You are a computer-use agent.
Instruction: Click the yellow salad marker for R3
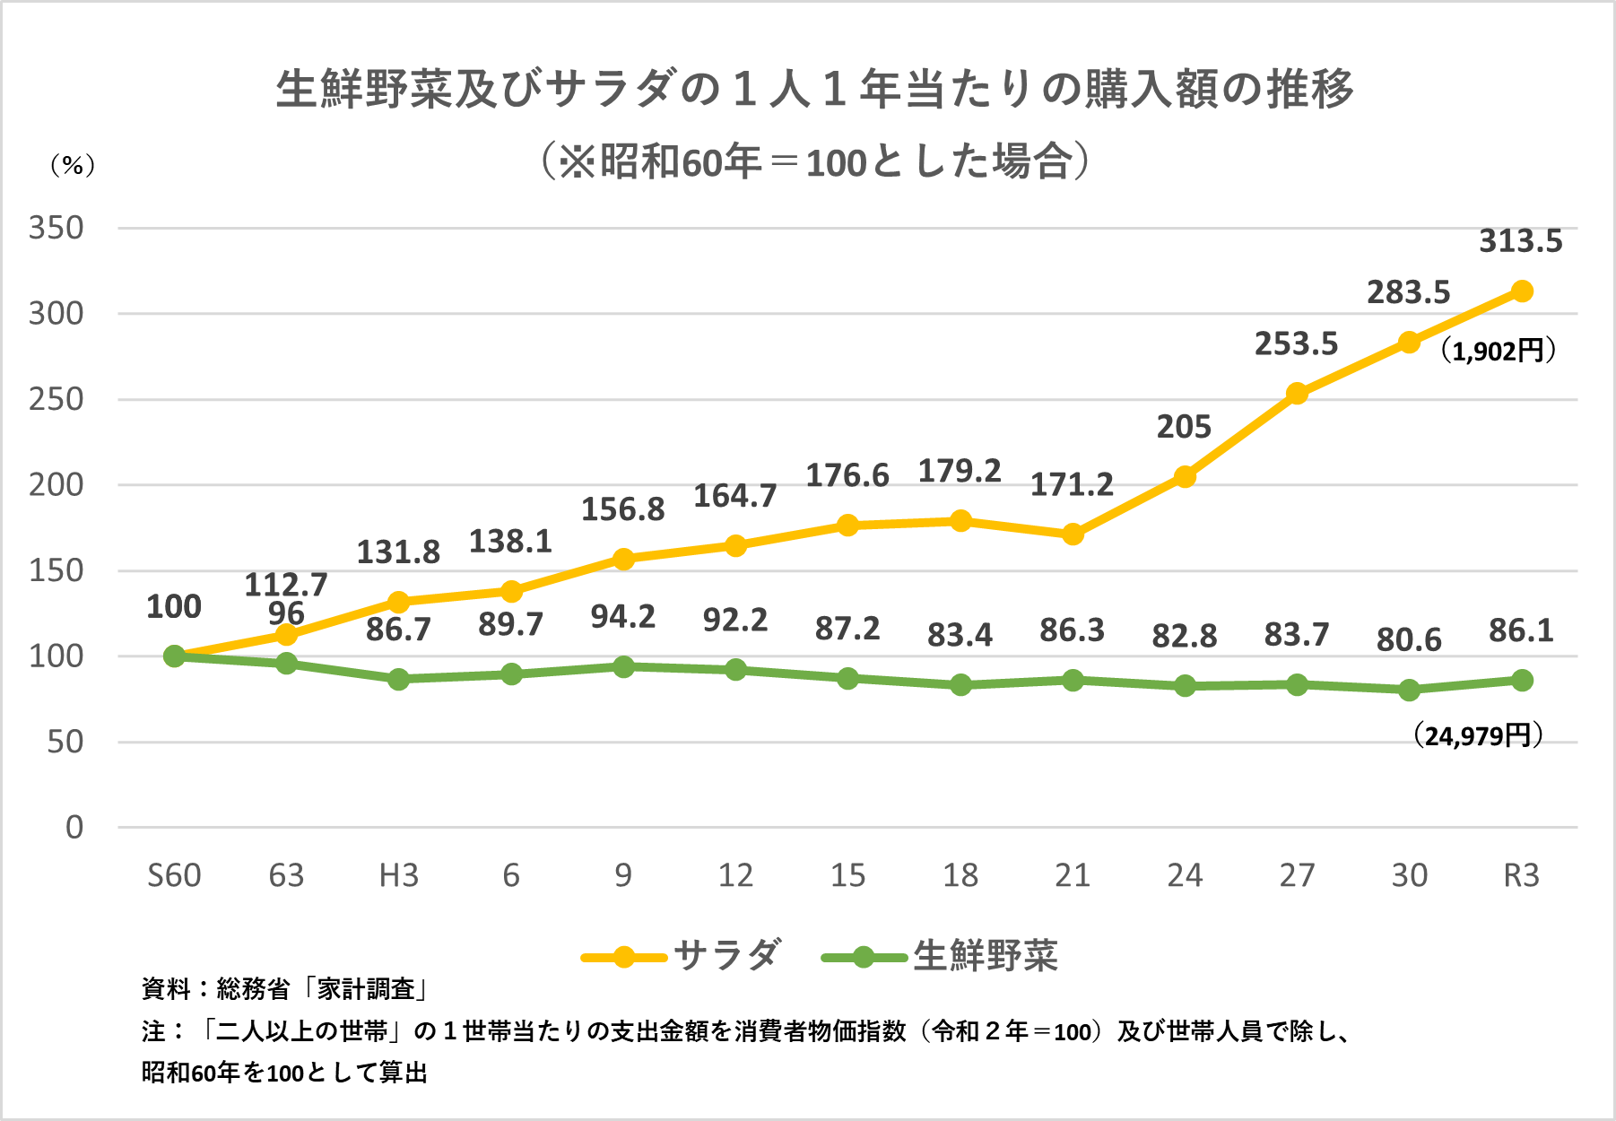pyautogui.click(x=1521, y=291)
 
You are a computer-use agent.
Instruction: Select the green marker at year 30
pyautogui.click(x=1409, y=691)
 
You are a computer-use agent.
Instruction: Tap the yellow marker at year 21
pyautogui.click(x=1073, y=534)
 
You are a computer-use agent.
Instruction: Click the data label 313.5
pyautogui.click(x=1520, y=241)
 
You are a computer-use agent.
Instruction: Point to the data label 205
pyautogui.click(x=1184, y=427)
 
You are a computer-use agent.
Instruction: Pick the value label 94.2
pyautogui.click(x=623, y=617)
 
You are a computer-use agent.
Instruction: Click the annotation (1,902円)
pyautogui.click(x=1498, y=351)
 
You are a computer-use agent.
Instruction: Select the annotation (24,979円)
pyautogui.click(x=1478, y=736)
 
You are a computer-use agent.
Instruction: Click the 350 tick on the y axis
pyautogui.click(x=56, y=228)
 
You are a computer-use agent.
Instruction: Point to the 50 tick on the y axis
pyautogui.click(x=65, y=742)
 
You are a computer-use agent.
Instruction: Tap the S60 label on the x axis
pyautogui.click(x=174, y=875)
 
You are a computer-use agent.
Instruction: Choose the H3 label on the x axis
pyautogui.click(x=399, y=875)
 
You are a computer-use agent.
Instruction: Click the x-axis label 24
pyautogui.click(x=1184, y=875)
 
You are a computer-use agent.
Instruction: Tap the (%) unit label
pyautogui.click(x=72, y=165)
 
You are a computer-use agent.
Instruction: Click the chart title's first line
pyautogui.click(x=814, y=89)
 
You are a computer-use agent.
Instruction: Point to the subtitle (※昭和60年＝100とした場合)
pyautogui.click(x=814, y=162)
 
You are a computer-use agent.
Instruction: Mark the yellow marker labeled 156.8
pyautogui.click(x=623, y=559)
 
